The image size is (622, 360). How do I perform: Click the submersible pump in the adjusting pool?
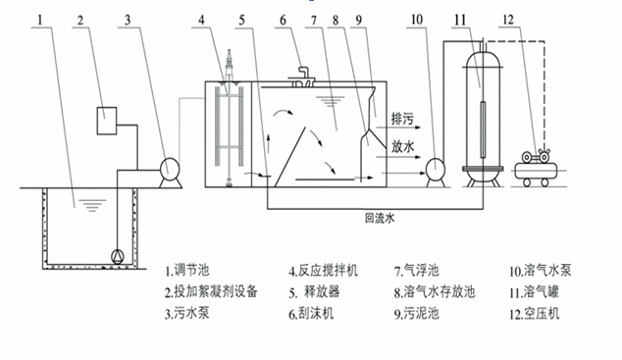click(x=119, y=257)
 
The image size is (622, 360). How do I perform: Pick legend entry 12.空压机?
click(x=538, y=314)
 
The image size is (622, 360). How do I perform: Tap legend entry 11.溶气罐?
click(x=538, y=291)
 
